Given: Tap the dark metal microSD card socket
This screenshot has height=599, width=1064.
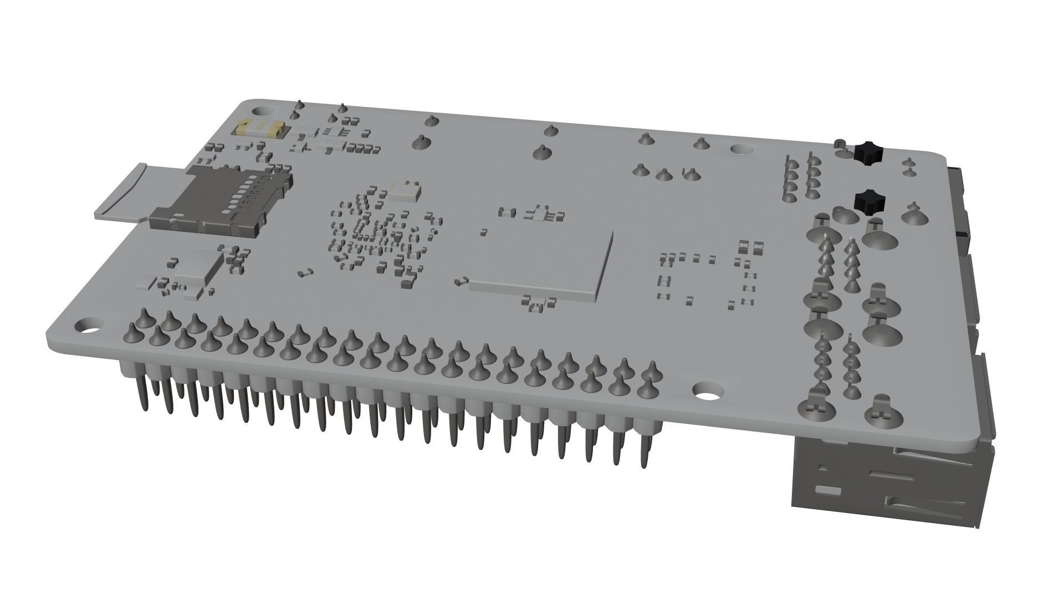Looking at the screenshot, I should (222, 202).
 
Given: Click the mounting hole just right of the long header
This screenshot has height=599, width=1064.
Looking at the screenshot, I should (708, 392).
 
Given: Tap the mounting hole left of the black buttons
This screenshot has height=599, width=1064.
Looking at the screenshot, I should (741, 150).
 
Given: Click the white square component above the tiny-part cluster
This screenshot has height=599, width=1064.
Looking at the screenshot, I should (403, 191).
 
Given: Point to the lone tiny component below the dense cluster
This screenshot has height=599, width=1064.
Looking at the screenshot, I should (304, 272).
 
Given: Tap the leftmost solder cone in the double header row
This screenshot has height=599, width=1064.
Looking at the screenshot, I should (132, 332).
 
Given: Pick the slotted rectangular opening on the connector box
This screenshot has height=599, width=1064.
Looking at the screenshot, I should (827, 490).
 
